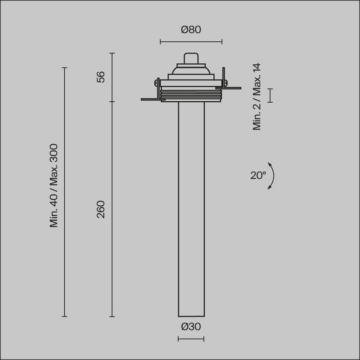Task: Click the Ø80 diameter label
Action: coord(191,30)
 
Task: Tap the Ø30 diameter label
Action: coord(191,327)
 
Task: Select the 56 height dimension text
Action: coord(101,77)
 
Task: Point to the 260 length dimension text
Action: coord(101,209)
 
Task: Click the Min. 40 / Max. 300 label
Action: coord(54,186)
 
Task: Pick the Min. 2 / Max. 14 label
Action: coord(257,97)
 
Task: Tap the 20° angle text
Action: coord(257,176)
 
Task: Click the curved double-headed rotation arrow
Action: coord(272,176)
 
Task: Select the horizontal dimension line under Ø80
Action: coord(191,42)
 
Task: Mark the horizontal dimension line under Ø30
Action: coord(191,339)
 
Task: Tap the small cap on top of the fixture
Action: coord(191,58)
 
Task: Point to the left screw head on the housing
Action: coord(155,83)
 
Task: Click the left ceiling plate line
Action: coord(150,99)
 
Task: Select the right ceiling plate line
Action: coord(232,88)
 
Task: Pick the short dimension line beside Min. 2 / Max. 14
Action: coord(270,95)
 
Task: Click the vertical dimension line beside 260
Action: coord(112,209)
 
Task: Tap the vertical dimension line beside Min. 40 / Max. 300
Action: coord(65,192)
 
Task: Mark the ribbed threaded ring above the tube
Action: coord(191,96)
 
